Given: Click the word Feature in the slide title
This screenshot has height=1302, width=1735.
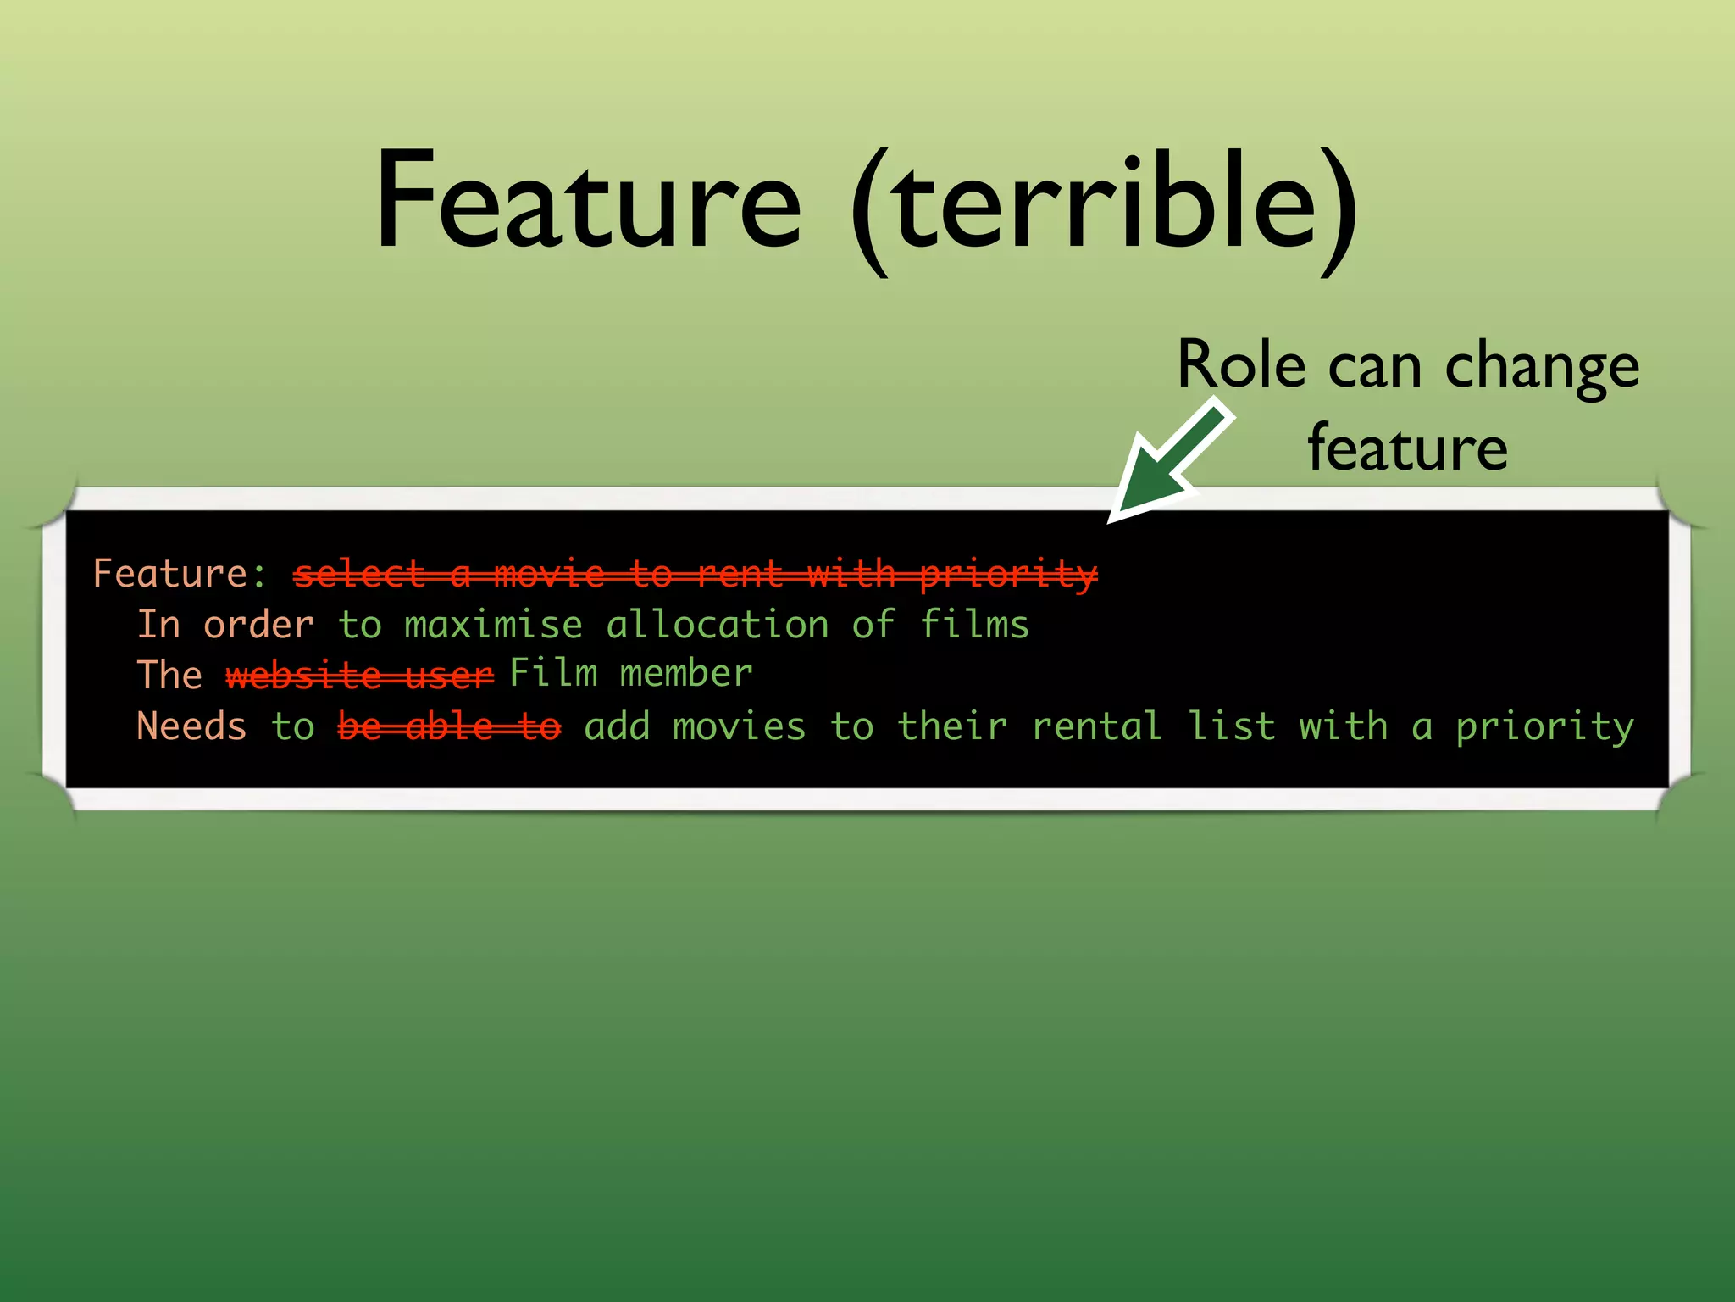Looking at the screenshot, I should click(x=588, y=201).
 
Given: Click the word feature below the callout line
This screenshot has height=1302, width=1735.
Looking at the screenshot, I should click(x=1407, y=448).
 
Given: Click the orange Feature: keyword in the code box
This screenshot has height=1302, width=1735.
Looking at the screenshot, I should click(x=180, y=574).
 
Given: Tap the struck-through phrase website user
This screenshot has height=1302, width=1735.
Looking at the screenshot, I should click(x=359, y=676).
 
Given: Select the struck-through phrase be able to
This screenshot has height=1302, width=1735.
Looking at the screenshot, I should click(x=449, y=726).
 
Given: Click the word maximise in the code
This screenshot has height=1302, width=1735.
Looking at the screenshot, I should click(x=493, y=625).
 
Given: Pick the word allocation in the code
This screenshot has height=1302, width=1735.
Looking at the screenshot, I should click(x=717, y=625).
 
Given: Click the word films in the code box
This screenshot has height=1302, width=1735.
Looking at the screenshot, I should click(x=974, y=625).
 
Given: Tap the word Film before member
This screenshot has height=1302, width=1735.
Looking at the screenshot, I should click(x=553, y=673).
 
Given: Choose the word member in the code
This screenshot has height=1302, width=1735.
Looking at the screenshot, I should click(x=685, y=673).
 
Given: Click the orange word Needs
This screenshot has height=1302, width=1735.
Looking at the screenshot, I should click(x=191, y=726).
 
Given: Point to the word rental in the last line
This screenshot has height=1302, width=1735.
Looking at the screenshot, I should click(x=1096, y=726).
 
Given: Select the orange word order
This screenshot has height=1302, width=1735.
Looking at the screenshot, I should click(x=258, y=625).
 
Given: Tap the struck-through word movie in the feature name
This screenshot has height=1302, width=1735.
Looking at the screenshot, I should click(x=549, y=574).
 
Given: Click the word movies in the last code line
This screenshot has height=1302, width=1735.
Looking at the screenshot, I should click(x=739, y=726).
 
